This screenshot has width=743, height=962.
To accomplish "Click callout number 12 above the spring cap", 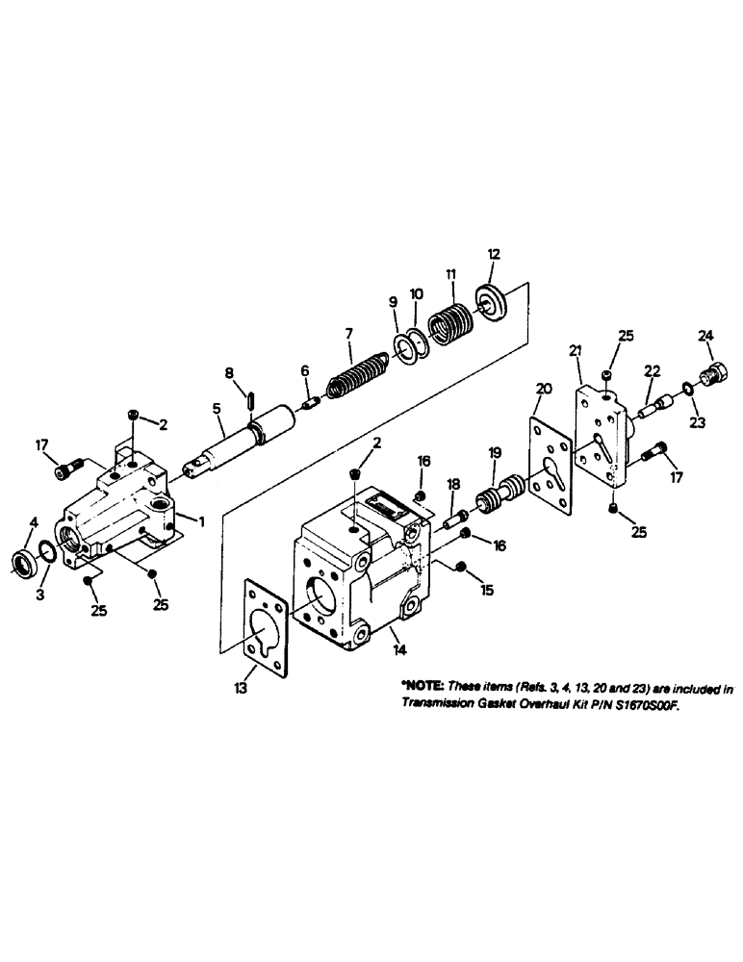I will tap(494, 255).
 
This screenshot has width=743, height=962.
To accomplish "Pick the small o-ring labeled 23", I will tap(685, 389).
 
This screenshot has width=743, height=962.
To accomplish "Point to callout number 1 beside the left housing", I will tap(201, 521).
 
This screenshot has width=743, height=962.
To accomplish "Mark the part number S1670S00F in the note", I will tap(632, 702).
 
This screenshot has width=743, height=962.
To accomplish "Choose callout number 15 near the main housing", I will tap(488, 589).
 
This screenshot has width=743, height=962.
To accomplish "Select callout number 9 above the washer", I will tap(393, 302).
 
